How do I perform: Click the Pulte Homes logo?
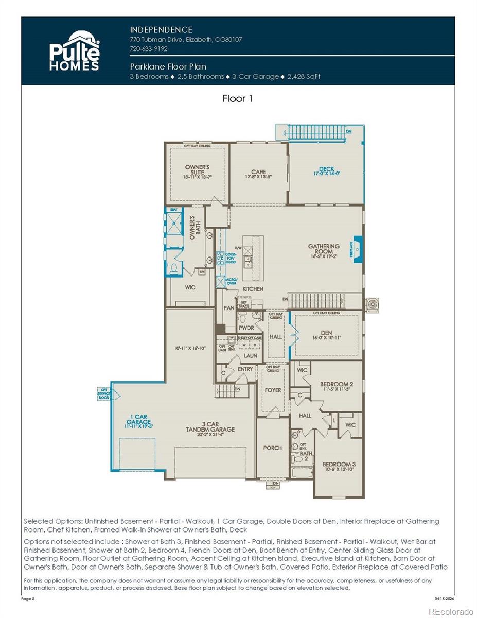pyautogui.click(x=74, y=51)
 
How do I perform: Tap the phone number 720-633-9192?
pyautogui.click(x=149, y=49)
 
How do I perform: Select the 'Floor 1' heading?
pyautogui.click(x=238, y=98)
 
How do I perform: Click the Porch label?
pyautogui.click(x=272, y=448)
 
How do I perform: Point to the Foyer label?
pyautogui.click(x=273, y=390)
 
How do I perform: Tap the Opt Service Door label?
pyautogui.click(x=104, y=395)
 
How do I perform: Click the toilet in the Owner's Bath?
pyautogui.click(x=173, y=268)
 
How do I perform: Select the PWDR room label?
pyautogui.click(x=247, y=327)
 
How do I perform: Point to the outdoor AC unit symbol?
pyautogui.click(x=372, y=304)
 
